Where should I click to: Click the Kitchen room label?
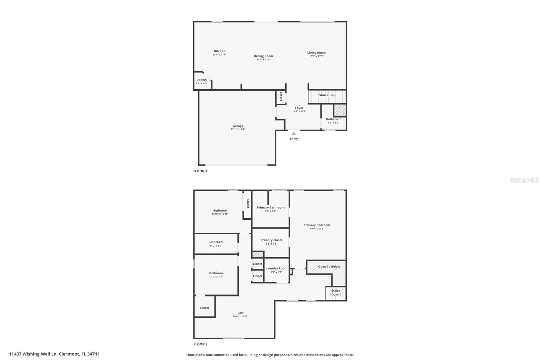pos(220,51)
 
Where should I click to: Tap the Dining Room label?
pos(264,56)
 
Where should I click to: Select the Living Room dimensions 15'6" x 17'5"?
pos(317,56)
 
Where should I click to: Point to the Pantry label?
pos(202,80)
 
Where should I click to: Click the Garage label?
pos(238,126)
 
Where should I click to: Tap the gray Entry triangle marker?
pos(294,134)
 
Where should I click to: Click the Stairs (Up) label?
pos(327,95)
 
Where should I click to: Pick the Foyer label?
pos(299,108)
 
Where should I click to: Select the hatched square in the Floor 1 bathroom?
pos(340,110)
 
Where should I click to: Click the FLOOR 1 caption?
pos(200,171)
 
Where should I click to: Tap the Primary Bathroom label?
pos(270,207)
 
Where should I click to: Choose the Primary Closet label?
pos(271,240)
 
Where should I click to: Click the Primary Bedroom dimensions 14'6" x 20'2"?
pos(317,229)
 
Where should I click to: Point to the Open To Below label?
pos(329,266)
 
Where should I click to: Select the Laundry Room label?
pos(276,268)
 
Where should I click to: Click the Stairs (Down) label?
pos(335,293)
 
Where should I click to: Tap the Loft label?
pos(241,313)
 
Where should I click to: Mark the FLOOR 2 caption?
pos(200,344)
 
